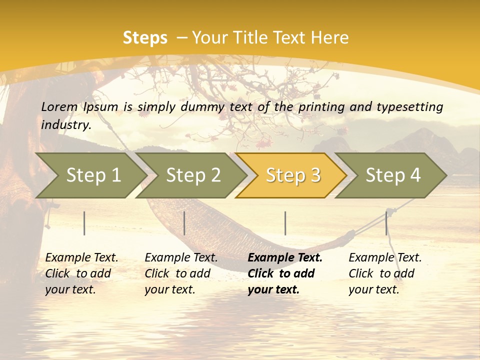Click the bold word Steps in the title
pos(145,38)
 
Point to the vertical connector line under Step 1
pos(84,223)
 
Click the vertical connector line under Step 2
pos(184,223)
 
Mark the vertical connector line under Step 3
pos(285,223)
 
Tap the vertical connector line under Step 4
pos(386,223)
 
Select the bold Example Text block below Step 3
pos(285,273)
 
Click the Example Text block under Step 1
pos(81,273)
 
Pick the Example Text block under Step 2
pos(181,273)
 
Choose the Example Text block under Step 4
pos(385,273)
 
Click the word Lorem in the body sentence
pos(59,106)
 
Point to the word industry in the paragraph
pos(66,125)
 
